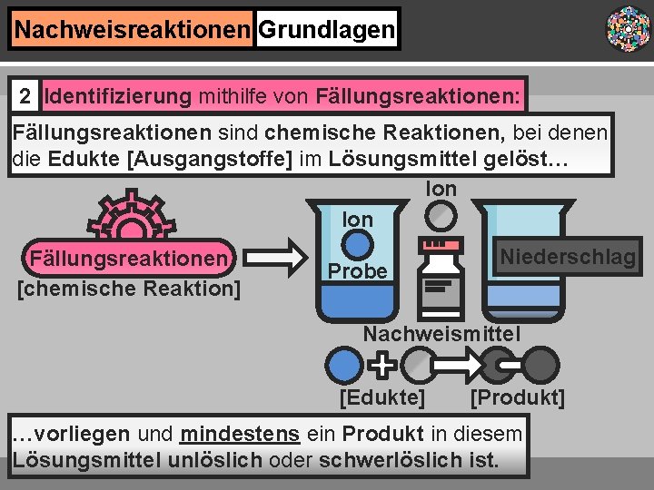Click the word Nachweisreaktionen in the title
coord(132,30)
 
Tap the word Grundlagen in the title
coord(326,30)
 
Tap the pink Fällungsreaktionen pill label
coord(129,260)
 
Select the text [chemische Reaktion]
coord(129,289)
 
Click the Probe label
coord(358,271)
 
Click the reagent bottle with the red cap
coord(442,277)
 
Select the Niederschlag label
coord(568,258)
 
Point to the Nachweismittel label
coord(441,334)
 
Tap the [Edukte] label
coord(381,397)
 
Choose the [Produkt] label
coord(518,397)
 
